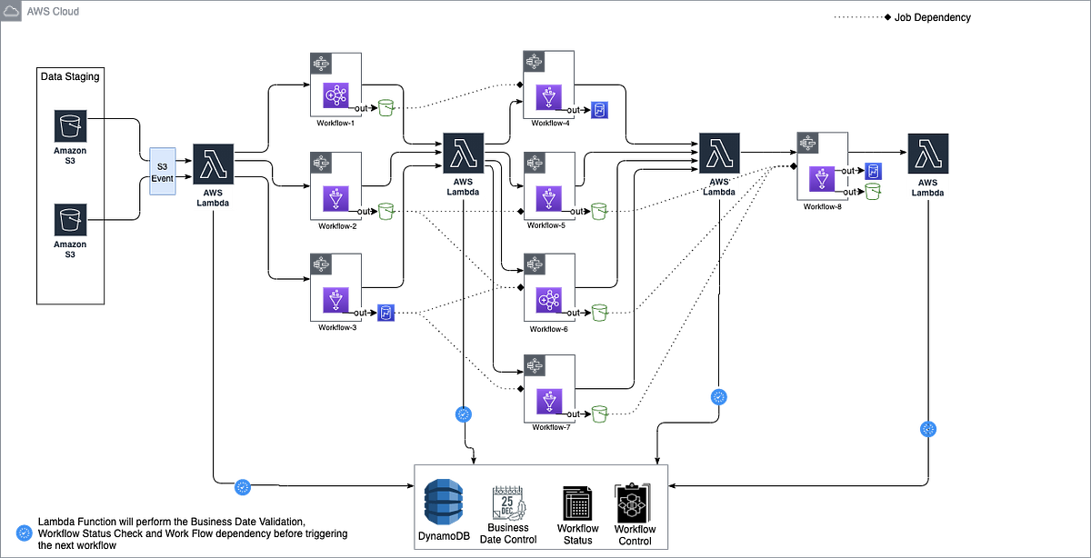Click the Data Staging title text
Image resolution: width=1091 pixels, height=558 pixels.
click(70, 77)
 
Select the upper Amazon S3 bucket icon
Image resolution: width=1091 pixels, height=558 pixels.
click(70, 125)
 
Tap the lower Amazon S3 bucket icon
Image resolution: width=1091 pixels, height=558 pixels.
click(70, 219)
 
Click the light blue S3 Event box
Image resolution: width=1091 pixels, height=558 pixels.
click(163, 172)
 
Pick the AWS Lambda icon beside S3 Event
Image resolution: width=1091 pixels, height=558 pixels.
click(214, 164)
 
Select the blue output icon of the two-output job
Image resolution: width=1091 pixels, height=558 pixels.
click(873, 170)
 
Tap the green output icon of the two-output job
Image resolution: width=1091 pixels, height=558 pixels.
click(873, 192)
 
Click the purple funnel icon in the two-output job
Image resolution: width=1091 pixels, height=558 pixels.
click(822, 179)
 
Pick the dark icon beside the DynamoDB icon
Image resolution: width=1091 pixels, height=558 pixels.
click(507, 503)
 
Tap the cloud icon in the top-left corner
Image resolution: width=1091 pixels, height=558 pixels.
click(12, 12)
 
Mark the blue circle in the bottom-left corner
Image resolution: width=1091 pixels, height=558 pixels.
click(24, 533)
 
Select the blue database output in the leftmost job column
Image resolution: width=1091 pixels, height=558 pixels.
click(385, 312)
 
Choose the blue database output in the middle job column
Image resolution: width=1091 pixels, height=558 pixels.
click(600, 110)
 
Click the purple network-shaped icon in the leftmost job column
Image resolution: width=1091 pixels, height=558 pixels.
click(336, 95)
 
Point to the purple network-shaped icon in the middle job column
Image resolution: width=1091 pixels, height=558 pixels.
click(548, 300)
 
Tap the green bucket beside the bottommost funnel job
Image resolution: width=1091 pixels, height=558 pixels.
click(599, 414)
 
